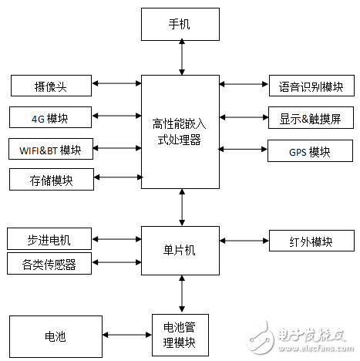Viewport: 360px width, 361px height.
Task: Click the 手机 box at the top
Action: point(180,24)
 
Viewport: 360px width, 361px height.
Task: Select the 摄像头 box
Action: point(51,84)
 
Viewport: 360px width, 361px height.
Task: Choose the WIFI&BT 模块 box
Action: point(51,148)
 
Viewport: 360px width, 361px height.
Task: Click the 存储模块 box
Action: point(51,180)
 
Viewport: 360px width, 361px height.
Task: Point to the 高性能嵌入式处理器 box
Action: point(180,131)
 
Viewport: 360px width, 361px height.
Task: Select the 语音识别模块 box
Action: point(311,86)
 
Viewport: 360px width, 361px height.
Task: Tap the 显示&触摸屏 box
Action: point(311,117)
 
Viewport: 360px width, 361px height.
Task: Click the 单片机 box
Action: point(180,250)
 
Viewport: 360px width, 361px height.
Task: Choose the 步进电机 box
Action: point(49,238)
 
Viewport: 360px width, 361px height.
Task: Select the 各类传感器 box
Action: point(49,264)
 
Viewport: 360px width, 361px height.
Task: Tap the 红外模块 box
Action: point(311,241)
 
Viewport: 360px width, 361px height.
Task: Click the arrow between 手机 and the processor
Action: point(180,57)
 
